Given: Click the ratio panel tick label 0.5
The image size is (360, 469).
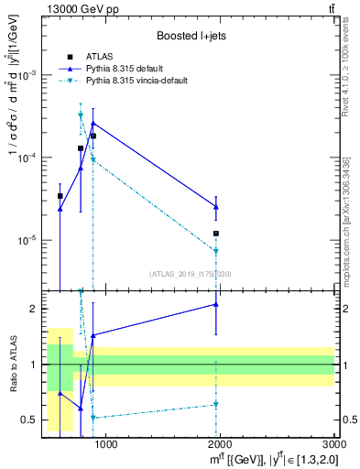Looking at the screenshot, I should click(29, 420).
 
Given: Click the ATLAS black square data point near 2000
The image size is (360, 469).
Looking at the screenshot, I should click(216, 234).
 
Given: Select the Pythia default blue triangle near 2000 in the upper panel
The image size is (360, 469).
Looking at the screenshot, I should click(216, 207).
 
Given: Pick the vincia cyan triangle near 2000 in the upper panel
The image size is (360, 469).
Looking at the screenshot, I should click(216, 251).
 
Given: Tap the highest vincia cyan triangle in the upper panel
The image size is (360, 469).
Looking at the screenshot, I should click(81, 115).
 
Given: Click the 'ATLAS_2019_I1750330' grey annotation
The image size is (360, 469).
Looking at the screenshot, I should click(190, 273).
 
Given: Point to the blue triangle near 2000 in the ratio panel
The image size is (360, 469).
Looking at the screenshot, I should click(216, 304).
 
